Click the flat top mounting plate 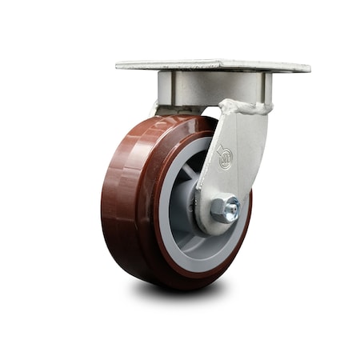[x=213, y=63]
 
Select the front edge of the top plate [x=213, y=70]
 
